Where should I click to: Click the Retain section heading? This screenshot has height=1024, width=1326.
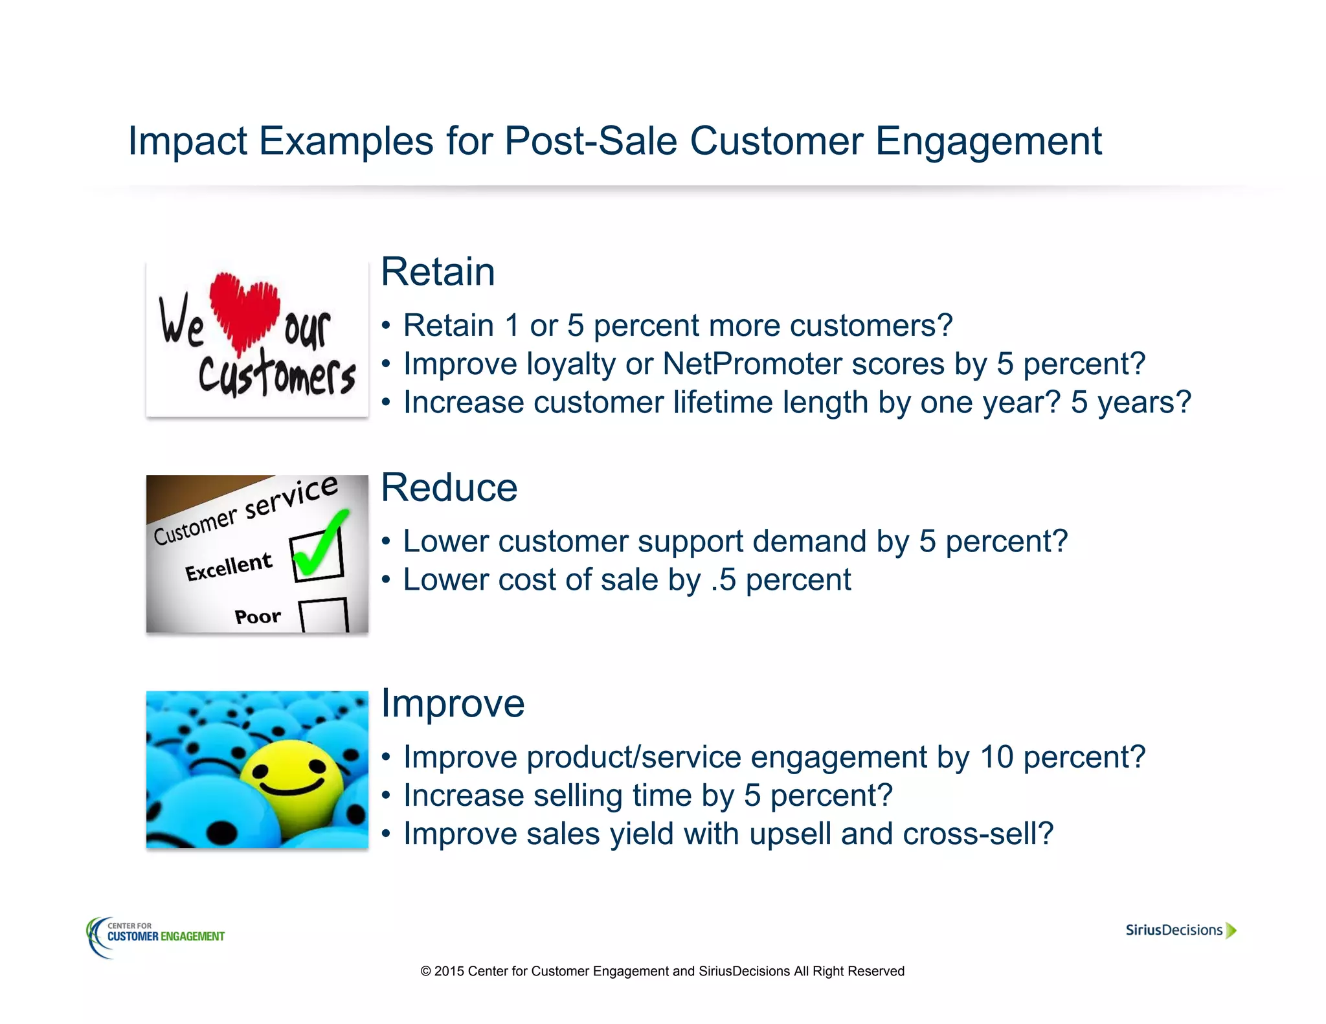pos(438,272)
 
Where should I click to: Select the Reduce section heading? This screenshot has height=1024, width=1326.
pos(449,487)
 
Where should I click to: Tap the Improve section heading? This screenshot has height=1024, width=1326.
pos(453,704)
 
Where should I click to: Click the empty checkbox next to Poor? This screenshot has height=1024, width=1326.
pos(324,615)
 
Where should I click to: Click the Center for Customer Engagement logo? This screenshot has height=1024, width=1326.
pos(156,936)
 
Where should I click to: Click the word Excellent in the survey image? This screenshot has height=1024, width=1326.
pos(229,566)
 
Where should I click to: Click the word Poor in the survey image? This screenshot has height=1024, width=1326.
pos(257,616)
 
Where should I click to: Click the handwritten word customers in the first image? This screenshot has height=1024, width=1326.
pos(277,374)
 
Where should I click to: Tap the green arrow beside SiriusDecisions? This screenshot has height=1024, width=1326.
pos(1231,930)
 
